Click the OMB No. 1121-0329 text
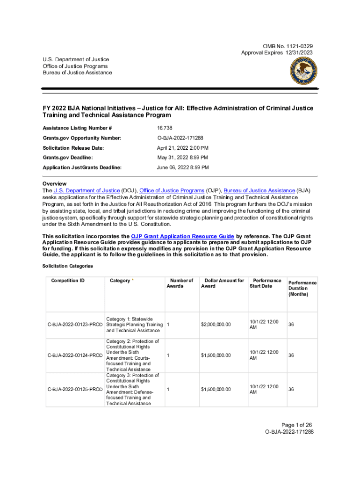288,46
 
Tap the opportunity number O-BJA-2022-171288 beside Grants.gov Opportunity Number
180,138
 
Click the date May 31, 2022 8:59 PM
182,158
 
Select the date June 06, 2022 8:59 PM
182,167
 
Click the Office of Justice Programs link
172,191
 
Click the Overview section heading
54,184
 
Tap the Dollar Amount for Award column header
223,283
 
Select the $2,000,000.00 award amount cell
216,325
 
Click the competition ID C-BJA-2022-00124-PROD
75,356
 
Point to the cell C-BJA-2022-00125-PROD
75,390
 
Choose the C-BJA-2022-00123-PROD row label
75,325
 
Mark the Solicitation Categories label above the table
67,266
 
